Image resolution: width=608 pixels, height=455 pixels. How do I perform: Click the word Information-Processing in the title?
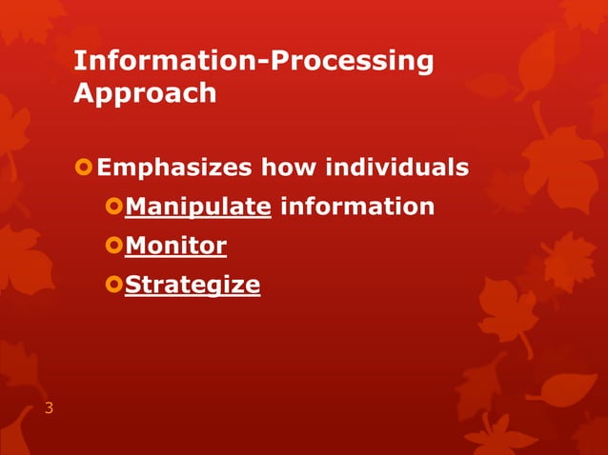(x=253, y=62)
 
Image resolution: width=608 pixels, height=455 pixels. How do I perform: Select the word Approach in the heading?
(x=145, y=95)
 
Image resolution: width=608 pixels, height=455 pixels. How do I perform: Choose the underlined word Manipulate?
(x=198, y=207)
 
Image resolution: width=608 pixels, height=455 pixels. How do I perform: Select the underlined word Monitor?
(x=175, y=247)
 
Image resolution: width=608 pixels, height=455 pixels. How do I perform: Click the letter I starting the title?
(x=78, y=62)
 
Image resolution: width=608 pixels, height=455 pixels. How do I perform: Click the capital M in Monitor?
(x=135, y=247)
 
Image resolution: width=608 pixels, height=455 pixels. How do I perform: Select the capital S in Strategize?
(x=133, y=285)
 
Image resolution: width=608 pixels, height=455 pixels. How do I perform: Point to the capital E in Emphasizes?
(x=105, y=168)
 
